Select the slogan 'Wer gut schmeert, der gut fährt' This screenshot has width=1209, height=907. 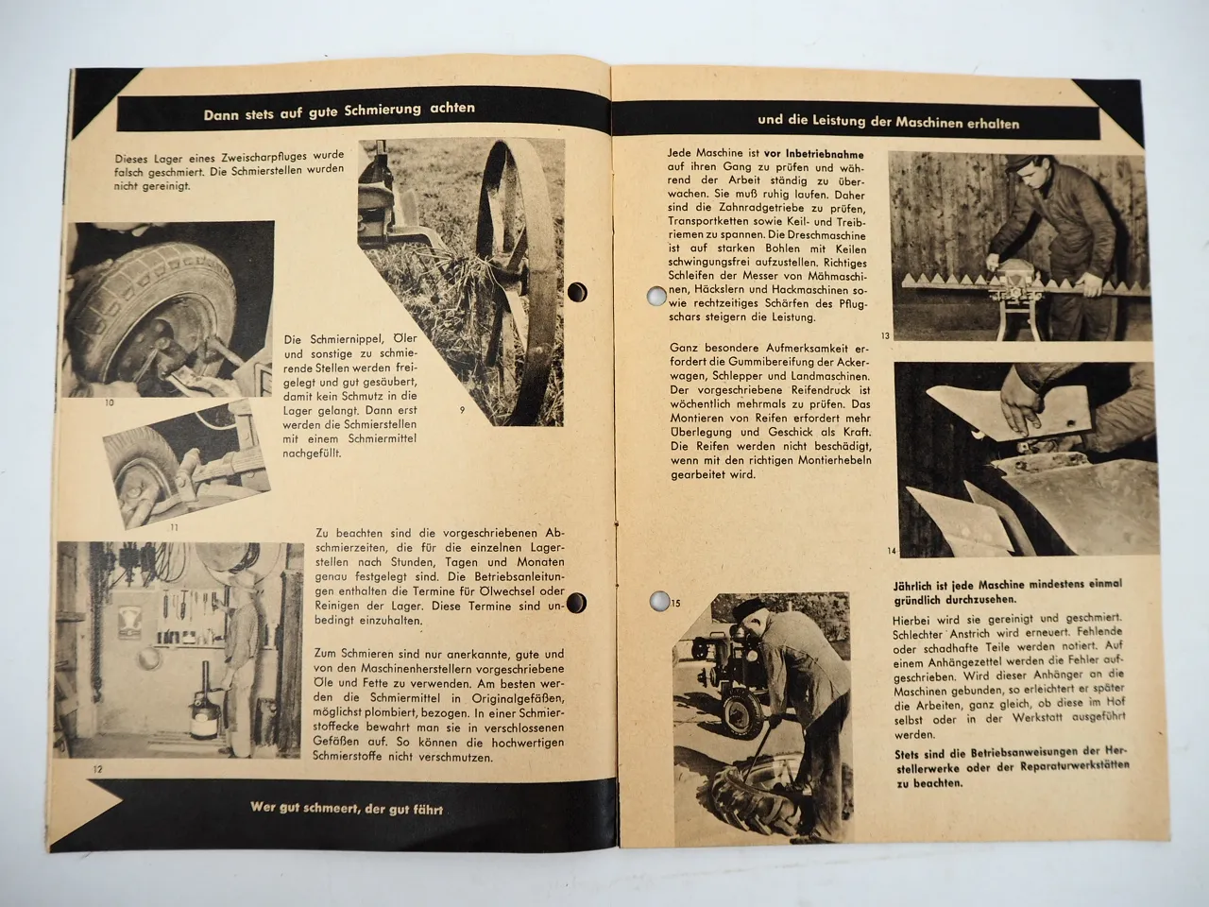tap(347, 808)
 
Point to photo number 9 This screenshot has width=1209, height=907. tap(461, 410)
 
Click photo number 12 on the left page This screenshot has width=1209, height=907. tap(98, 769)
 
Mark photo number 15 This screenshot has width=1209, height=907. tap(673, 603)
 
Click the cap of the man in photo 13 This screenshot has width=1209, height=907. tap(1018, 163)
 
